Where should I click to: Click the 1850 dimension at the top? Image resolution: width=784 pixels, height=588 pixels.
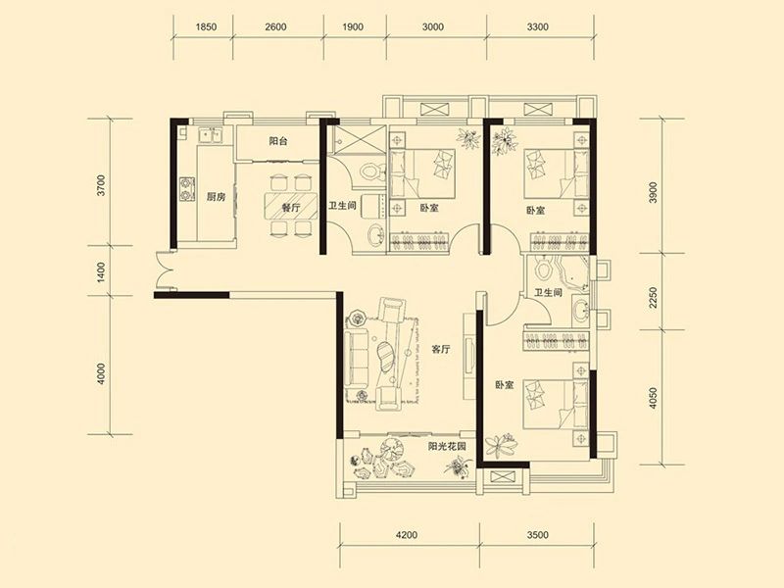[x=206, y=27]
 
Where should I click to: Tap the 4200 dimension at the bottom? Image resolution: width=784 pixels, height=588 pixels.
[x=407, y=535]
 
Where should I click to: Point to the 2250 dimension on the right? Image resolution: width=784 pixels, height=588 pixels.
[x=653, y=297]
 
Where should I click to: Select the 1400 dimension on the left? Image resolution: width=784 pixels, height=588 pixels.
[x=102, y=272]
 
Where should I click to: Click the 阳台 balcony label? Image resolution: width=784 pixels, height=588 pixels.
[x=278, y=141]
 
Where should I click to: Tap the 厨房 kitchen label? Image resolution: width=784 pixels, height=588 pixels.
[x=216, y=197]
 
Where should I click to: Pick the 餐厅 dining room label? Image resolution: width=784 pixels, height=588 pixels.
[x=290, y=207]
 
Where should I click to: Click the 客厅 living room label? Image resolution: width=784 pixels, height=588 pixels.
[x=440, y=350]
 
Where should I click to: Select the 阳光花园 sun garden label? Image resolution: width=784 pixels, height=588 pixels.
[x=447, y=447]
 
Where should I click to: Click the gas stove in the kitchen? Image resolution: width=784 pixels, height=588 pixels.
[x=187, y=189]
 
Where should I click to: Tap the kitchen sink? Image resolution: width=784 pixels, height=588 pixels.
[x=210, y=135]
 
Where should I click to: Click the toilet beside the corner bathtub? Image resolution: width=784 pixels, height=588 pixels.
[x=541, y=268]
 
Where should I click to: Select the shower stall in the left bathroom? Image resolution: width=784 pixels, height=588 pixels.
[x=359, y=137]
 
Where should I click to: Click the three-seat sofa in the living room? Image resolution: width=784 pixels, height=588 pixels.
[x=356, y=359]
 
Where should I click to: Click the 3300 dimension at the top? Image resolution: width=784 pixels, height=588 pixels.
[x=537, y=27]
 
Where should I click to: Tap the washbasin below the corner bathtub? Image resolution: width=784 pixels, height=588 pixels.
[x=580, y=310]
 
